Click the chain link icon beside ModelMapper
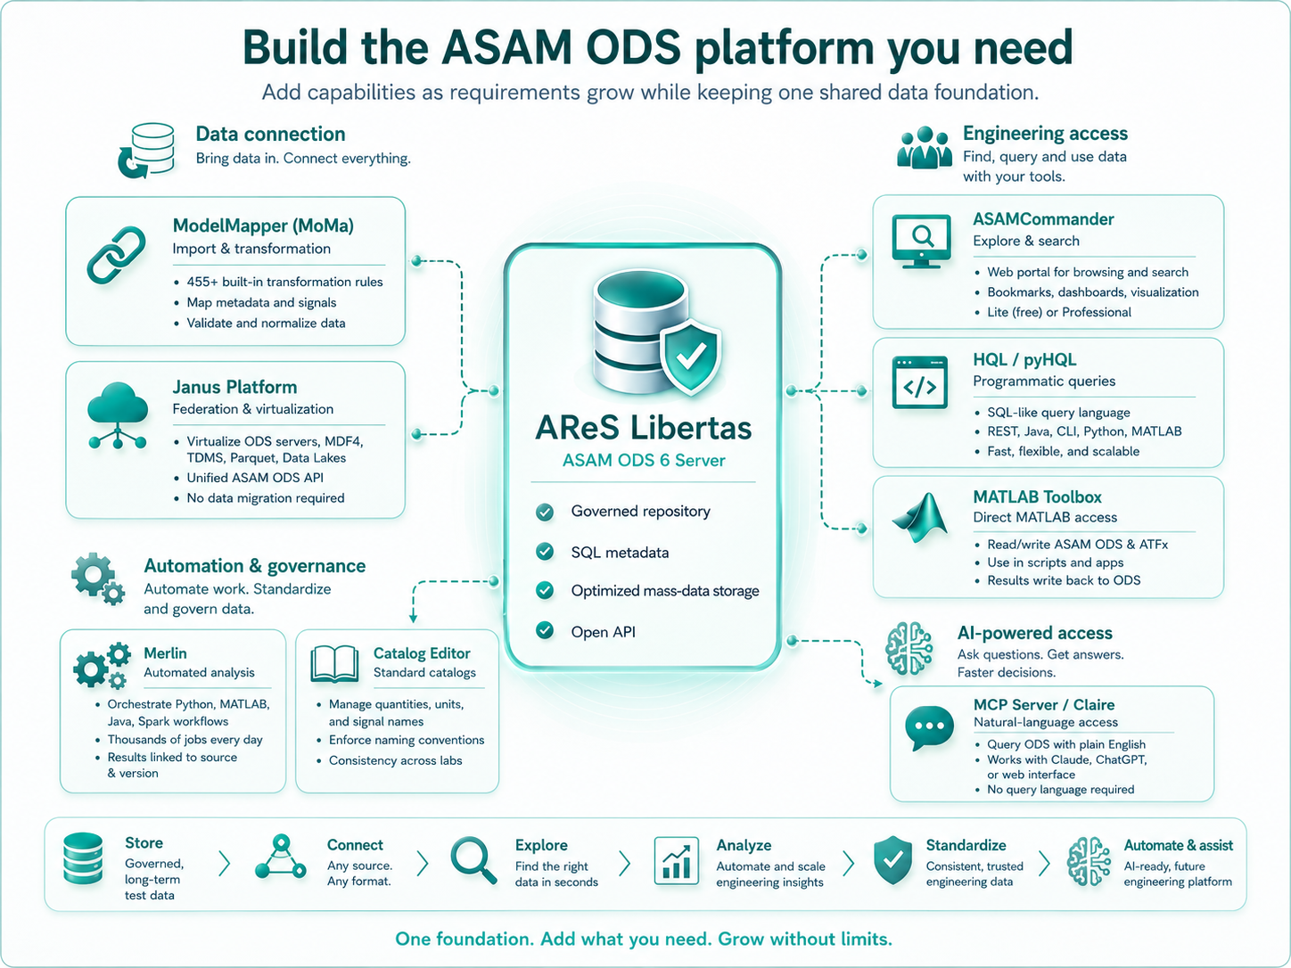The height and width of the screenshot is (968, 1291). pyautogui.click(x=117, y=256)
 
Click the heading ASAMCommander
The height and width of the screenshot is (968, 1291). pyautogui.click(x=1043, y=219)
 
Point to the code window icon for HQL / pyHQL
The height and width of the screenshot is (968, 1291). pyautogui.click(x=920, y=382)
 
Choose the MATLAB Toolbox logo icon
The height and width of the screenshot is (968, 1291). pyautogui.click(x=920, y=517)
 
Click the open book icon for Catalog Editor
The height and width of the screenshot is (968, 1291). pyautogui.click(x=334, y=665)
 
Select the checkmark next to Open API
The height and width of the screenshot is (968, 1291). pyautogui.click(x=545, y=631)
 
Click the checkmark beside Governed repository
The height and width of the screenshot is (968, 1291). pyautogui.click(x=545, y=512)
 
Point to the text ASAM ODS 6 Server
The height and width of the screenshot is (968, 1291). pyautogui.click(x=644, y=460)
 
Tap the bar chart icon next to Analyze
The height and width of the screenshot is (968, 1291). pyautogui.click(x=677, y=861)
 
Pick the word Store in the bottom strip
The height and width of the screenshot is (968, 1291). pyautogui.click(x=144, y=843)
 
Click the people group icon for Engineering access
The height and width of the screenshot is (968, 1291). pyautogui.click(x=925, y=148)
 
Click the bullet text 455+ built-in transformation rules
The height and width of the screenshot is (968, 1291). pyautogui.click(x=284, y=283)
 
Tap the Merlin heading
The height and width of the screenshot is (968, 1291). pyautogui.click(x=165, y=653)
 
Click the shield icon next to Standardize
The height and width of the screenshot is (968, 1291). pyautogui.click(x=892, y=860)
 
